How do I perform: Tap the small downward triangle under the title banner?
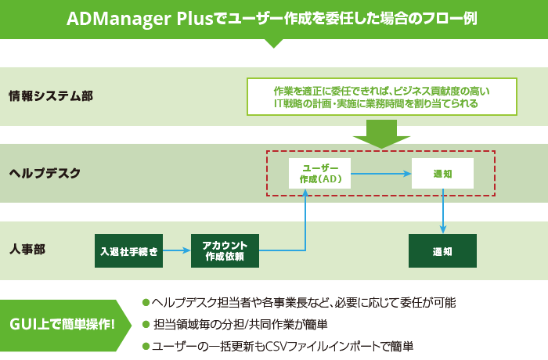click(273, 43)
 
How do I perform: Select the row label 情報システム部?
click(51, 96)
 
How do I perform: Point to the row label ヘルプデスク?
click(45, 173)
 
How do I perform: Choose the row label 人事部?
click(27, 250)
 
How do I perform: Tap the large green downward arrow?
click(382, 134)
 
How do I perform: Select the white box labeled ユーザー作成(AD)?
click(319, 173)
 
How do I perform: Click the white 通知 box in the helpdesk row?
click(442, 173)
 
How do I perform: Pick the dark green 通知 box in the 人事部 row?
click(442, 250)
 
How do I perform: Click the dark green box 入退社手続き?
click(128, 250)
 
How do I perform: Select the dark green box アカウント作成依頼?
click(225, 250)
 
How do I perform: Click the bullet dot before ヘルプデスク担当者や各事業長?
click(146, 302)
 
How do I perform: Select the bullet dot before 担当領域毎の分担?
click(146, 324)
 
